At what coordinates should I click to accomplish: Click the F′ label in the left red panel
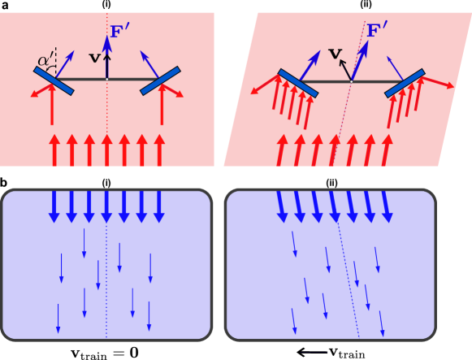click(120, 33)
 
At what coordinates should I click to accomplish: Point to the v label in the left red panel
click(94, 58)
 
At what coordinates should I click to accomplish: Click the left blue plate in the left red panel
click(54, 80)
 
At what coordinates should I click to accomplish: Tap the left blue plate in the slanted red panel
click(297, 83)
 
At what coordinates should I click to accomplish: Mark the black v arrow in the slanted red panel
click(345, 69)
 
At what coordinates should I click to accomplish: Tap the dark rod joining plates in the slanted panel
click(325, 81)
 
